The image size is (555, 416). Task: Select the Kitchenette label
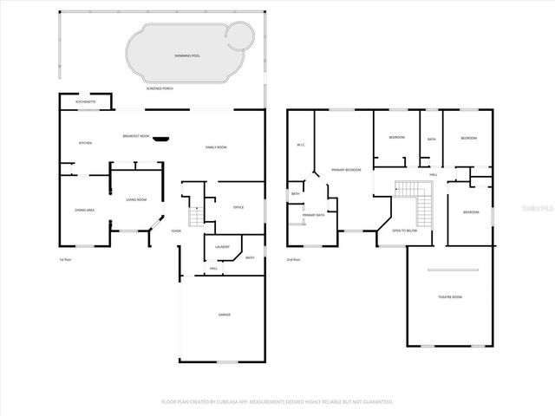[86, 102]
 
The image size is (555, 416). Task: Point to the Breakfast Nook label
[135, 136]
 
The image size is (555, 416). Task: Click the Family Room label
[216, 147]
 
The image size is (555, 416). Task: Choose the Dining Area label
[84, 210]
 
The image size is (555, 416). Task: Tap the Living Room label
[136, 199]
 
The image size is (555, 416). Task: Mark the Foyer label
[176, 231]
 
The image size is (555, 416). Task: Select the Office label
[238, 207]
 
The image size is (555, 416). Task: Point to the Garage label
[224, 315]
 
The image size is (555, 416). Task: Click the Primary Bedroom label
[346, 170]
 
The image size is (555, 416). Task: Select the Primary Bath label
[313, 214]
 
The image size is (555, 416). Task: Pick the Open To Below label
[404, 231]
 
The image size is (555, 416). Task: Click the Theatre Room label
[449, 297]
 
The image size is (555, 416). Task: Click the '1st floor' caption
[63, 259]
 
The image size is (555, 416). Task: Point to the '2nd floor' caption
[293, 259]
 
